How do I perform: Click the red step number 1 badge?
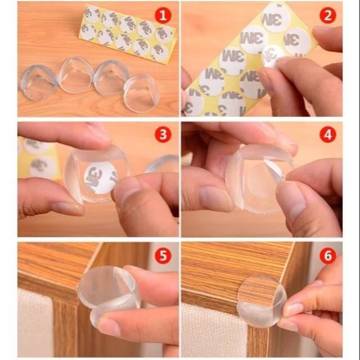[x=163, y=15]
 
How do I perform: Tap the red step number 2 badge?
[x=327, y=15]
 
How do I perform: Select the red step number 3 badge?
[x=163, y=134]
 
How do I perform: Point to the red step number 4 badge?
[x=327, y=134]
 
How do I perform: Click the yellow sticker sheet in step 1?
[x=127, y=34]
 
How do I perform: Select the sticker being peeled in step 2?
[x=274, y=55]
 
